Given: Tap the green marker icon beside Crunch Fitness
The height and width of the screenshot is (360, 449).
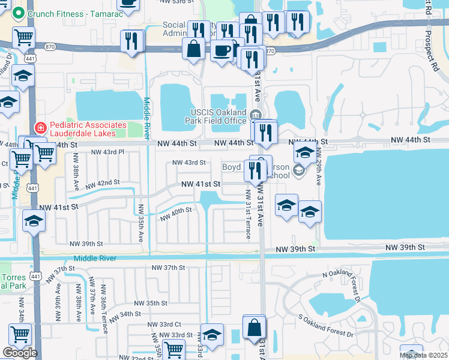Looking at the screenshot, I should click(18, 12).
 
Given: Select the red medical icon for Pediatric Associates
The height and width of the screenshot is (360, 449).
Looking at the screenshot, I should click(40, 127).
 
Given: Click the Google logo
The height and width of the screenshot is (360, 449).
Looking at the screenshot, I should click(20, 352).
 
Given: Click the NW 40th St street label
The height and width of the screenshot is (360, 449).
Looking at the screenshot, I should click(176, 213).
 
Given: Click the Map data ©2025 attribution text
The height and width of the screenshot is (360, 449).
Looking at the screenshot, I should click(423, 355).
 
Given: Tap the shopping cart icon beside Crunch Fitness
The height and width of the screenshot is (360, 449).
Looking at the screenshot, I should click(23, 37).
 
